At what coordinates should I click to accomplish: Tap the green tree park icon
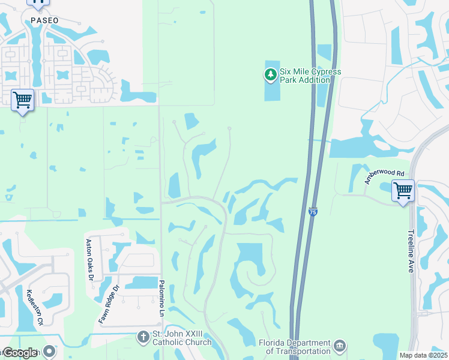[271, 75]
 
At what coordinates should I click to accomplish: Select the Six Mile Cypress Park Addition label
[310, 76]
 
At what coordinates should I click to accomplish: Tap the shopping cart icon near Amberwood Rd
[403, 191]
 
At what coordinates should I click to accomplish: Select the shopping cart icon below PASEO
[23, 100]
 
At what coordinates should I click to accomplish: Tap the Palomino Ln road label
[161, 298]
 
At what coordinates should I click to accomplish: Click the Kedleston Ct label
[34, 307]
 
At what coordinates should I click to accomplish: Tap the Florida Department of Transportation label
[295, 347]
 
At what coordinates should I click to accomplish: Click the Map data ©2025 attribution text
[423, 355]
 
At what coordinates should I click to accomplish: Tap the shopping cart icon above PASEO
[38, 2]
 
